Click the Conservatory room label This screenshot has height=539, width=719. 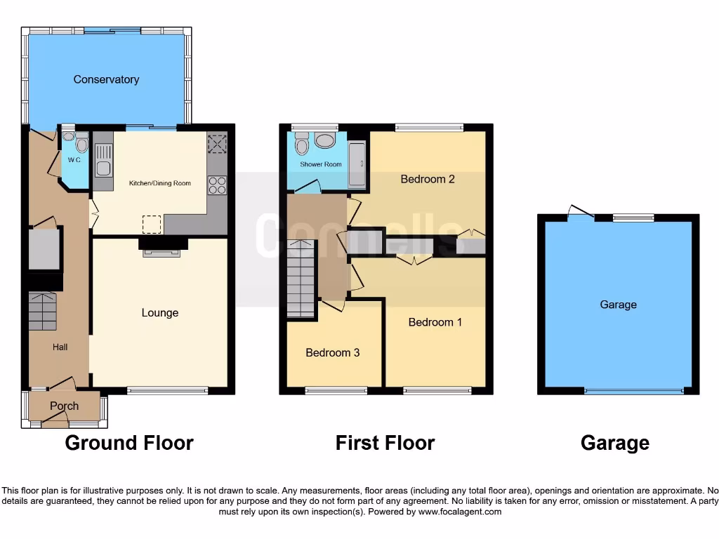click(106, 79)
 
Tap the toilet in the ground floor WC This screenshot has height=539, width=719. click(81, 145)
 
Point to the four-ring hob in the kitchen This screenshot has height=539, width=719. click(217, 185)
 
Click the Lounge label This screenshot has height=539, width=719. click(159, 313)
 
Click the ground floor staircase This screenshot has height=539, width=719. click(42, 312)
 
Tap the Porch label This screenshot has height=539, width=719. click(64, 406)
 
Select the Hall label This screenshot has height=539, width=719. click(60, 347)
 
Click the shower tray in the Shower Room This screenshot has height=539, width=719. click(357, 166)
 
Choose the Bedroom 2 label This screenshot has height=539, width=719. click(428, 179)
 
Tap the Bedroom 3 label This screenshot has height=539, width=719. click(332, 352)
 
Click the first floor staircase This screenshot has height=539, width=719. click(301, 279)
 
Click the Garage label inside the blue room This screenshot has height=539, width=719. click(618, 305)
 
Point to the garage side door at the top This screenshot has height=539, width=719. click(580, 212)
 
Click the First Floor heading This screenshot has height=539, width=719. click(385, 443)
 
